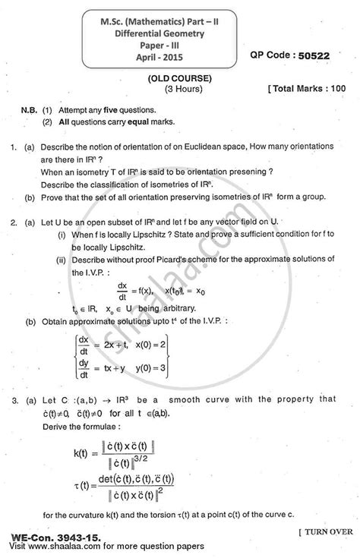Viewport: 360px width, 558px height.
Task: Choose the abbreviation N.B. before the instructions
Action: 30,109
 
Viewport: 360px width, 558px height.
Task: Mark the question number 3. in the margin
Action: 16,399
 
